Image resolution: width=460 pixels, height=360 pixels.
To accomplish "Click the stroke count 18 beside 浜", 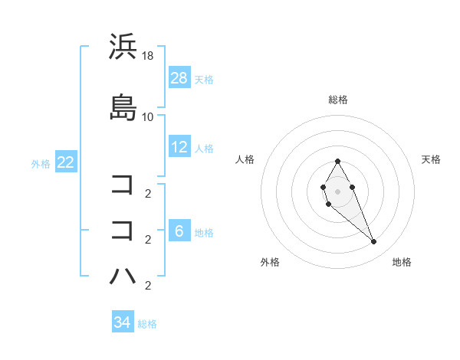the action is (149, 57).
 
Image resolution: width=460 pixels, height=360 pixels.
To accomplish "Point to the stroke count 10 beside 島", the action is (148, 116).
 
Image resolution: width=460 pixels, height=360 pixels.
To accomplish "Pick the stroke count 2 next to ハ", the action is (147, 286).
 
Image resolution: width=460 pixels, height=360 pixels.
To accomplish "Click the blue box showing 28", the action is (179, 77).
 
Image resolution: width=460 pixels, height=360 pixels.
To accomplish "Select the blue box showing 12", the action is (179, 147).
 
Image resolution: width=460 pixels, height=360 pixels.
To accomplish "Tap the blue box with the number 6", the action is (179, 231).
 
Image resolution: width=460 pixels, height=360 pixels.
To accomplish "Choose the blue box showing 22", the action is (65, 162).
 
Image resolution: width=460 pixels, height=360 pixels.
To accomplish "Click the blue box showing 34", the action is (123, 322).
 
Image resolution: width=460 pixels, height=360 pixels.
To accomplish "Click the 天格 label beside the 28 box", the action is (204, 79).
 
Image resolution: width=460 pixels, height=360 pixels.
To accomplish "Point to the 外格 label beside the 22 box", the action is (41, 163).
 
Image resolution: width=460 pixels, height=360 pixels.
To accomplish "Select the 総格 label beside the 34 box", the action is (147, 324).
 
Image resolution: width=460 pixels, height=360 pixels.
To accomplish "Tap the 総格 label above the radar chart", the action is (338, 100).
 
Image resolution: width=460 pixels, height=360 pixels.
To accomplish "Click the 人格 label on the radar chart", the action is (245, 159).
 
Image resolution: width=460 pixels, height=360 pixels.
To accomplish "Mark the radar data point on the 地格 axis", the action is (374, 242).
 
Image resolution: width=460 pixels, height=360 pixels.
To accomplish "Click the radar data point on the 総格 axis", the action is (338, 161).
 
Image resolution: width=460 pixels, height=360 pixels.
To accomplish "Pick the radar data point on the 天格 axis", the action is (352, 187).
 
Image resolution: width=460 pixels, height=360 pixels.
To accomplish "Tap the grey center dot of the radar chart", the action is (338, 191).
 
